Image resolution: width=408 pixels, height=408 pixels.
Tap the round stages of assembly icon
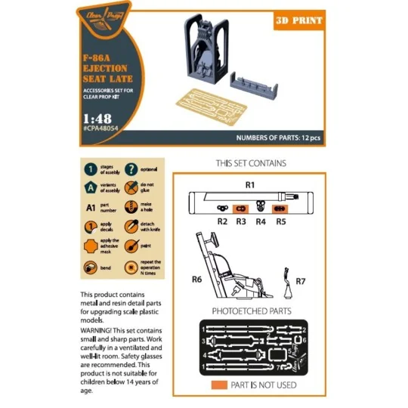pyautogui.click(x=91, y=170)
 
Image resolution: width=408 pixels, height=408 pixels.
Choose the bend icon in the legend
pyautogui.click(x=91, y=268)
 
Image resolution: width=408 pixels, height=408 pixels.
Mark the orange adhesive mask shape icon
pyautogui.click(x=91, y=247)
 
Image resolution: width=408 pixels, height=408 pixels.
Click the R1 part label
pyautogui.click(x=250, y=184)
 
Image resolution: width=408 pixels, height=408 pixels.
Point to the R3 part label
pyautogui.click(x=241, y=221)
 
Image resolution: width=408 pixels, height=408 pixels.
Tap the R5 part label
pyautogui.click(x=280, y=221)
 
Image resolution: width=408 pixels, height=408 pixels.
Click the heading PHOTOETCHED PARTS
pyautogui.click(x=251, y=311)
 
